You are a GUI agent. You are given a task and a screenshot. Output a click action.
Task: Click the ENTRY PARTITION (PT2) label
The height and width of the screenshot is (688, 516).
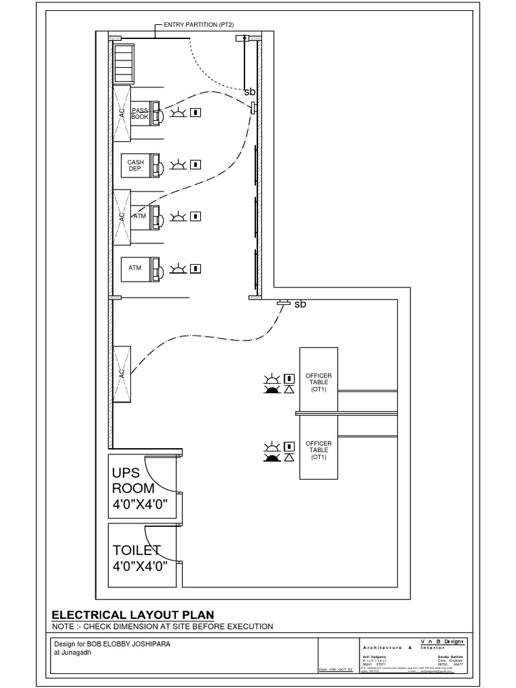click(x=194, y=25)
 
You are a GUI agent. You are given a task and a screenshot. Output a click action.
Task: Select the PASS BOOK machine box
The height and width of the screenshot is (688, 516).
click(x=140, y=114)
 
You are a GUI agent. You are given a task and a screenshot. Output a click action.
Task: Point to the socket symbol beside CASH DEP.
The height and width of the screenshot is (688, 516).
click(x=196, y=164)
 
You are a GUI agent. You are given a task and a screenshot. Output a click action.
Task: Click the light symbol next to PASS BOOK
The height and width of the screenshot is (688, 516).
click(x=178, y=113)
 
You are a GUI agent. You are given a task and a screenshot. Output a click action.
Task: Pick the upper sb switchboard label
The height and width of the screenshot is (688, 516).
click(x=249, y=91)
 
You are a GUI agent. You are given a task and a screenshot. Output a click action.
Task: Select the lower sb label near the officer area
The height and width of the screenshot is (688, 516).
click(x=300, y=304)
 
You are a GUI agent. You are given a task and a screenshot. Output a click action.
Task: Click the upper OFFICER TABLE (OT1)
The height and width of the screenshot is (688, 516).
click(x=318, y=381)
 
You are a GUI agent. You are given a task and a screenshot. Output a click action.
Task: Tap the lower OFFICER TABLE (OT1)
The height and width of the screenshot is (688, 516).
click(x=318, y=449)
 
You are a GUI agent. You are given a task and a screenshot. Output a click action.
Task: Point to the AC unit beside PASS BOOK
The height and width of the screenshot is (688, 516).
click(x=122, y=114)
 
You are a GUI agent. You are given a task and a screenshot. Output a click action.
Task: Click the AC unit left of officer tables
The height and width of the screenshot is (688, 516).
click(x=122, y=374)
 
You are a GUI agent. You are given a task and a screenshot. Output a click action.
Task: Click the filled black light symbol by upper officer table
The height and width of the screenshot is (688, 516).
click(x=271, y=390)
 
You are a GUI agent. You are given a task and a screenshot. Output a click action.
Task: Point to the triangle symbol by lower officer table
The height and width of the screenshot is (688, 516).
click(x=289, y=458)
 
